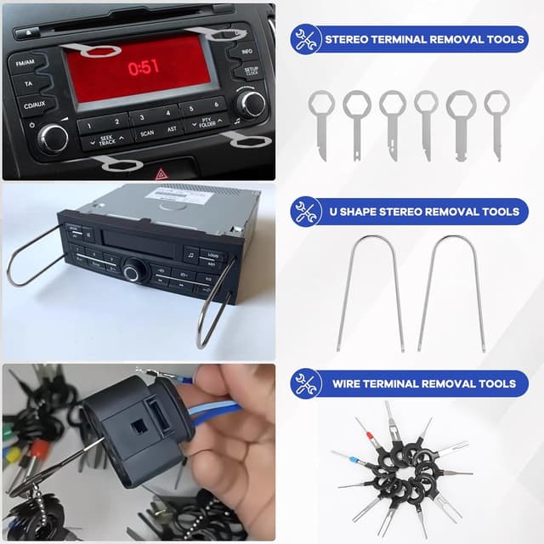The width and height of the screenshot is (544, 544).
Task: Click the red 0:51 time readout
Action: [x=143, y=66]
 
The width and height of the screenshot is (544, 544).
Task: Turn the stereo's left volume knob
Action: [x=53, y=136]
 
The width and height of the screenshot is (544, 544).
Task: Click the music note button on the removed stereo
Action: [x=190, y=253]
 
